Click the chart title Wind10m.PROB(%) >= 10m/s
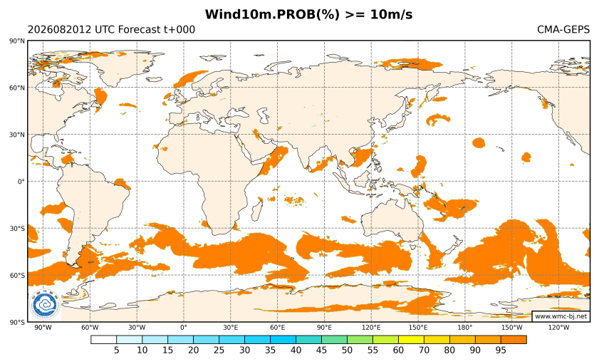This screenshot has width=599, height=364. coord(308,14)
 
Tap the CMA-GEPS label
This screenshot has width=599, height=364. coord(563,29)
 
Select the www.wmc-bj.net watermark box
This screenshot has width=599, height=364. coord(561,316)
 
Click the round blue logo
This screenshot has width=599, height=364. coord(45,305)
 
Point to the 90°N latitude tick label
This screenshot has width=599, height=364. coord(17,41)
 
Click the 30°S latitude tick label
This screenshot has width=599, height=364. coord(17,229)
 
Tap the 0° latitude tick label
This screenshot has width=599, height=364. coord(21,182)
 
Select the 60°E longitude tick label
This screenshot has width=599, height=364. coord(277,328)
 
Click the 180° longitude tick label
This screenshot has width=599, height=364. coord(465,328)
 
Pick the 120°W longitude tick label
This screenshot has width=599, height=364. coord(558,328)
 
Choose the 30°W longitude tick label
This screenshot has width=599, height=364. coord(137,328)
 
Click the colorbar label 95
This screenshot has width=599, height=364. coord(501,350)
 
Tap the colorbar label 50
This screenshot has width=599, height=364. coord(347,350)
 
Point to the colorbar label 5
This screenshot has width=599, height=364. coord(117,350)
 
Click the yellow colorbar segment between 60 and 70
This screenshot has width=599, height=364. coord(411,340)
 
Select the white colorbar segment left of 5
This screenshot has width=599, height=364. coord(103,340)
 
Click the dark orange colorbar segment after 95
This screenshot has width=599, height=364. coord(514,340)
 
